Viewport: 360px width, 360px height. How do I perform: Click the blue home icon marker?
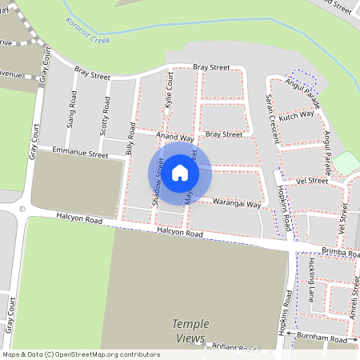(x=180, y=172)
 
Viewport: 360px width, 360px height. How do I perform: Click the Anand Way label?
(x=174, y=138)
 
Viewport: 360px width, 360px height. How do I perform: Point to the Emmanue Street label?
(x=79, y=152)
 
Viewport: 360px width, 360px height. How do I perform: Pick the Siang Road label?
(x=73, y=110)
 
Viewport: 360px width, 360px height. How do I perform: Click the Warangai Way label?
(x=238, y=204)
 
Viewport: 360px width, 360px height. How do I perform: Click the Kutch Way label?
(x=297, y=116)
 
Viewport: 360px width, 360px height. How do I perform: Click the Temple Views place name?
(x=191, y=331)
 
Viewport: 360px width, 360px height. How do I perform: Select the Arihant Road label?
(x=232, y=348)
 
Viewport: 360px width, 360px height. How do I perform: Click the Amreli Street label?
(x=353, y=304)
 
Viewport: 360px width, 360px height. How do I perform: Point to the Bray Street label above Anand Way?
(x=223, y=134)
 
